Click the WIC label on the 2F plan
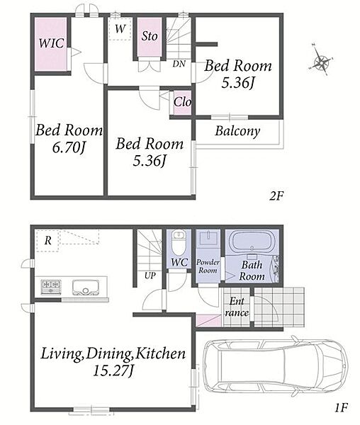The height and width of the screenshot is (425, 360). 51,43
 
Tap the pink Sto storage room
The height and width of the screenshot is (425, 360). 150,37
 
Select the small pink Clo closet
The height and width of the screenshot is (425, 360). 182,103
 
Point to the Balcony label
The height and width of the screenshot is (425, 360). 237,132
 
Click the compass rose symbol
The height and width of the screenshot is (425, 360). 321,60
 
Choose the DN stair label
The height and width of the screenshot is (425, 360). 179,64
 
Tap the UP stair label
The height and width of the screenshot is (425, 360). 150,276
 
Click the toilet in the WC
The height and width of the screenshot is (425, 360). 179,242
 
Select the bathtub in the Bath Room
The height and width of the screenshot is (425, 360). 252,241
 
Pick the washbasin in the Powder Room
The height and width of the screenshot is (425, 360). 208,238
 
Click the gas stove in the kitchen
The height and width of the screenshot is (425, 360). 51,287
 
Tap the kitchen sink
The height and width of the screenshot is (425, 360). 85,288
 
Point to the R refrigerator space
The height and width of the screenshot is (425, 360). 47,241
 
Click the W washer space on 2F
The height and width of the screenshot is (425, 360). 120,29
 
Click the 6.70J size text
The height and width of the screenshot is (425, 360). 69,147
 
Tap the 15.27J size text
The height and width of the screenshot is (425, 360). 113,370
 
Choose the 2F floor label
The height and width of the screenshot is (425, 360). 276,195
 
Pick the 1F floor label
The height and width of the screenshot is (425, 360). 341,407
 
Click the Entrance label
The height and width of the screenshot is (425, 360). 237,307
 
